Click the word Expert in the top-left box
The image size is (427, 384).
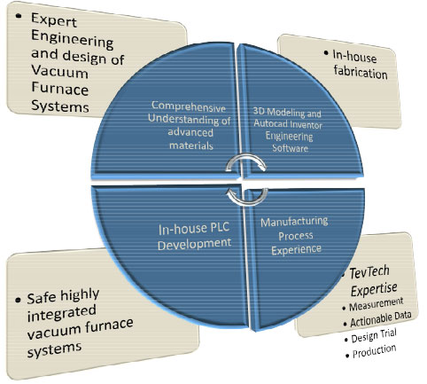[x=54, y=20]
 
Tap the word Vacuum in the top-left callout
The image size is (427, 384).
[x=59, y=71]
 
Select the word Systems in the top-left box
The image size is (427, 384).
[x=60, y=106]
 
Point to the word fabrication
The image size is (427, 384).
[x=361, y=72]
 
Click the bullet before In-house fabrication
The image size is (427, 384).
[x=326, y=53]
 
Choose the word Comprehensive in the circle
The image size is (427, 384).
[x=189, y=106]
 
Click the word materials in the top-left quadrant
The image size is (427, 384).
[x=191, y=145]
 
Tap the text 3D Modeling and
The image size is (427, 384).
[x=287, y=113]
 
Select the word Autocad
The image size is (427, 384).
[x=269, y=123]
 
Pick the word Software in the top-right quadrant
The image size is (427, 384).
[x=290, y=147]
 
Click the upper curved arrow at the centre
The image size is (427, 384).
[x=245, y=161]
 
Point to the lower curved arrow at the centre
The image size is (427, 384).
[x=247, y=197]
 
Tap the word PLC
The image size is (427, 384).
[x=219, y=227]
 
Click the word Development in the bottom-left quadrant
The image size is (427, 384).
[x=194, y=244]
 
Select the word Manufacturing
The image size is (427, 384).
[x=294, y=222]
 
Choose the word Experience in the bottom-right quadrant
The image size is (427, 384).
[x=296, y=250]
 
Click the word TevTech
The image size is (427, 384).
[x=369, y=271]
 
